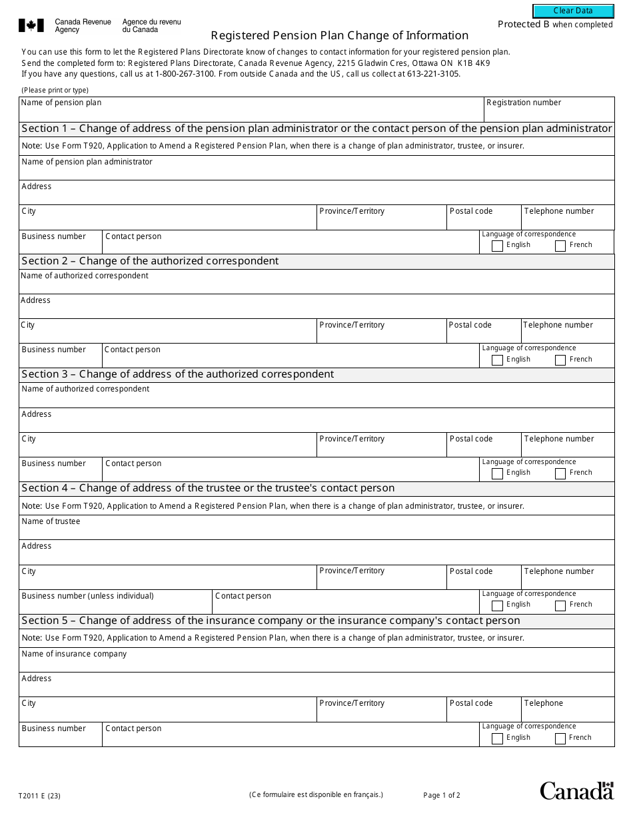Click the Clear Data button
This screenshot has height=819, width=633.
coord(572,11)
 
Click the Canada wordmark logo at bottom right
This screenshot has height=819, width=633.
coord(576,790)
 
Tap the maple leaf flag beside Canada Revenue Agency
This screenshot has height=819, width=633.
coord(31,26)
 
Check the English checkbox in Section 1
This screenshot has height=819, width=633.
coord(497,246)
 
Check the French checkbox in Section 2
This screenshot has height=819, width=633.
coord(560,360)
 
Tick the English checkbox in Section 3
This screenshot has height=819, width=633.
coord(497,473)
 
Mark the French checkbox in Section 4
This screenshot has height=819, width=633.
coord(560,605)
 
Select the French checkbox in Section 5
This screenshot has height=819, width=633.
coord(560,738)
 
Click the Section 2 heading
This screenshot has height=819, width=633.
coord(150,261)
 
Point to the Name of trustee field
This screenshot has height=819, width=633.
coord(316,531)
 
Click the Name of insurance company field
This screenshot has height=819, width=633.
coord(316,663)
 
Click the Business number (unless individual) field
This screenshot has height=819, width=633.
coord(115,605)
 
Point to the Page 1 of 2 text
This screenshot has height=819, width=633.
coord(441,795)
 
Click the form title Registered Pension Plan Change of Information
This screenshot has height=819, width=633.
coord(339,36)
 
